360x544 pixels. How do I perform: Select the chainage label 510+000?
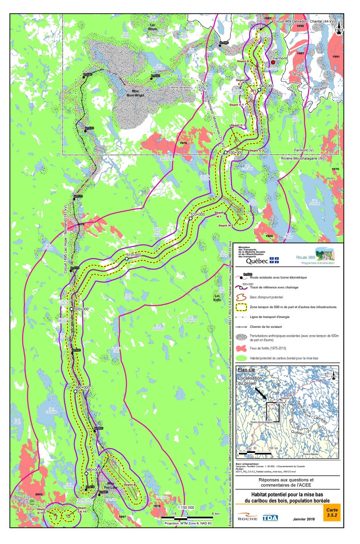point(133,255)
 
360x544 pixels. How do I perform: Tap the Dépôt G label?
point(243,61)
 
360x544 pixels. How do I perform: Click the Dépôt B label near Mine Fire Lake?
point(129,484)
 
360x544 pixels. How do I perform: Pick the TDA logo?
point(270,517)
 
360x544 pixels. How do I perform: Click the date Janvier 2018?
point(304,519)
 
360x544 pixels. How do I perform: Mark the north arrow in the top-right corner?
point(339,28)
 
